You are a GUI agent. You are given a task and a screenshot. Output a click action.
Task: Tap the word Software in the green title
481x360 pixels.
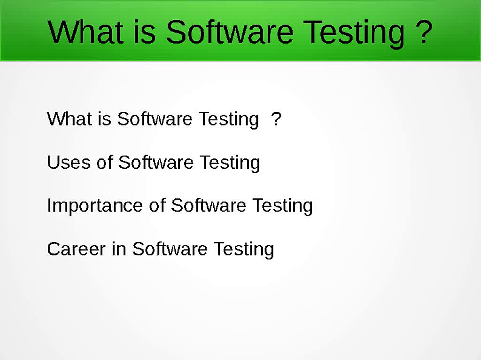click(230, 31)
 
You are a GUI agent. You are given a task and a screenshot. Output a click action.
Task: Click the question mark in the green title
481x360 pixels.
click(423, 31)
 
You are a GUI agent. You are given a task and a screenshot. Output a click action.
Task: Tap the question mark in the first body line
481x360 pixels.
click(276, 118)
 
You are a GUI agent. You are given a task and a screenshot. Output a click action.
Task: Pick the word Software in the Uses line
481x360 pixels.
click(155, 162)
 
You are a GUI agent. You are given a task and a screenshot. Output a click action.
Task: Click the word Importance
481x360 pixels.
click(96, 206)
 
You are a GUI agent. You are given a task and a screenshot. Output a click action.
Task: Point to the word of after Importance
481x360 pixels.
click(157, 205)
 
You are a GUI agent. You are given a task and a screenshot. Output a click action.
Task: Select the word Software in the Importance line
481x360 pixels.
click(209, 205)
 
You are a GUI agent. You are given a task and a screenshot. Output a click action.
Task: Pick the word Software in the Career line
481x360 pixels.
click(170, 249)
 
